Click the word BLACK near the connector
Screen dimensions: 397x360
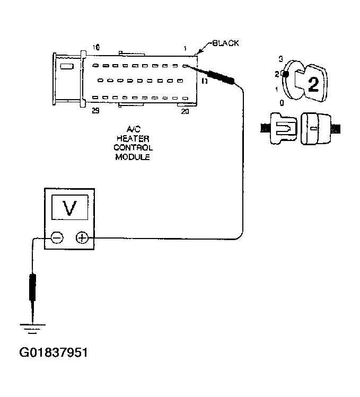[x=225, y=43]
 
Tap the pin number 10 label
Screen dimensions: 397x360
[x=95, y=48]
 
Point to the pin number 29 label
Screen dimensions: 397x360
[x=95, y=111]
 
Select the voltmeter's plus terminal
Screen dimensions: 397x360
[x=82, y=238]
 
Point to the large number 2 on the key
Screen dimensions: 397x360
[x=313, y=85]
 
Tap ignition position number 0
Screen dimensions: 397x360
[x=281, y=103]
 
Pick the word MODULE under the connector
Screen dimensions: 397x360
[x=133, y=157]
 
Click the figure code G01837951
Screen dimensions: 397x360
[x=53, y=352]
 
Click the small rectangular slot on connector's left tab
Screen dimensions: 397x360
[x=67, y=66]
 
